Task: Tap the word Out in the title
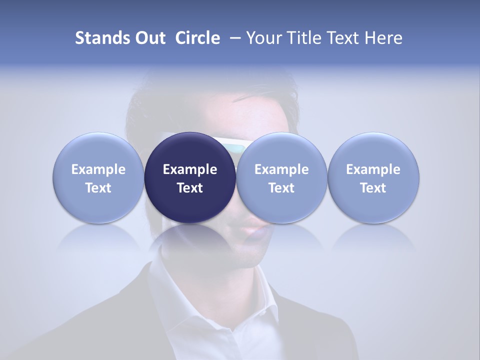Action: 149,38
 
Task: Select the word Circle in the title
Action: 197,38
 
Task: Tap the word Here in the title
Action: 383,38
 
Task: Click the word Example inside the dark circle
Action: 190,169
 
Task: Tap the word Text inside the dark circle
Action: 190,188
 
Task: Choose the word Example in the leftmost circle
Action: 98,169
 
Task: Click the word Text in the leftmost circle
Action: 98,188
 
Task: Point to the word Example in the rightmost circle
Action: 373,169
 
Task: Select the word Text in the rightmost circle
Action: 373,188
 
